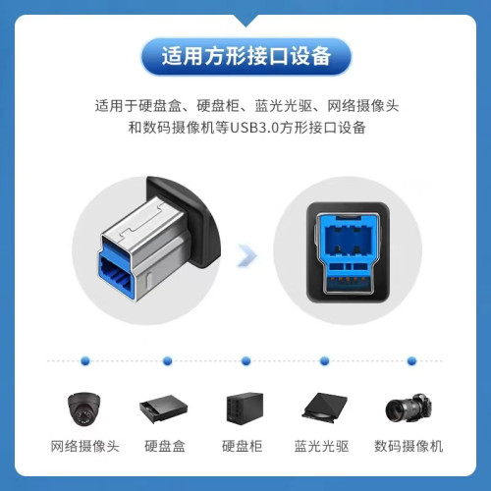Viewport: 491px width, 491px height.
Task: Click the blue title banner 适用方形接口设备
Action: point(245,53)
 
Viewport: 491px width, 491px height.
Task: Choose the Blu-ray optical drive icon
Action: point(324,409)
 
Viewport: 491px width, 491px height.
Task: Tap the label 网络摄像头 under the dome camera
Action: point(84,448)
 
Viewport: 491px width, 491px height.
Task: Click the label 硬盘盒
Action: point(164,448)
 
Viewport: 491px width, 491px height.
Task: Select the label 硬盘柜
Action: point(244,448)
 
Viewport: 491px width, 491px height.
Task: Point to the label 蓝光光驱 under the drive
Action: point(324,448)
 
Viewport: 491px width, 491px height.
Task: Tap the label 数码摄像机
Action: point(408,448)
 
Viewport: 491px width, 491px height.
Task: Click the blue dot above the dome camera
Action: point(84,360)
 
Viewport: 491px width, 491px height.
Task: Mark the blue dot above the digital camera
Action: point(406,360)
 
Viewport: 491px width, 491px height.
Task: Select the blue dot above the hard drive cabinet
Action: point(245,360)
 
